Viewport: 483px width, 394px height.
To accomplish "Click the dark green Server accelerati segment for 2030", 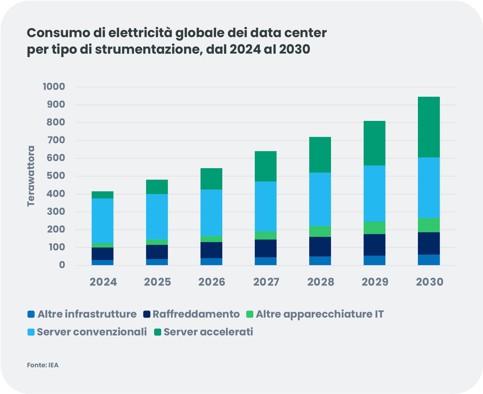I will pyautogui.click(x=429, y=127).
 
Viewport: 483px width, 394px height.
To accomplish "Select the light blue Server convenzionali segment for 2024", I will pyautogui.click(x=103, y=221).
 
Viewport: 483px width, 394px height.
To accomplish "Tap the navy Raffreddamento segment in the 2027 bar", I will pyautogui.click(x=266, y=248).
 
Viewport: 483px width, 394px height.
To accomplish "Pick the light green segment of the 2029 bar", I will pyautogui.click(x=374, y=228).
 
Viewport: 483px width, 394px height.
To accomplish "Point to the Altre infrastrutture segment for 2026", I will pyautogui.click(x=211, y=261).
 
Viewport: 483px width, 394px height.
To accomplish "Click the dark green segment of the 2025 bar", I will pyautogui.click(x=157, y=187).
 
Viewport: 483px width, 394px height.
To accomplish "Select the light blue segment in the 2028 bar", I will pyautogui.click(x=320, y=199).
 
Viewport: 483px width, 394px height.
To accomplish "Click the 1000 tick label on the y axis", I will pyautogui.click(x=54, y=87).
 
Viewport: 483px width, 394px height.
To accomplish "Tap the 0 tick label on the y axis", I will pyautogui.click(x=62, y=265).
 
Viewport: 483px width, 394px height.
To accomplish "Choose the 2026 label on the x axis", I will pyautogui.click(x=212, y=282).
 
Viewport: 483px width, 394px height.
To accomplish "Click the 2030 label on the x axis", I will pyautogui.click(x=430, y=282).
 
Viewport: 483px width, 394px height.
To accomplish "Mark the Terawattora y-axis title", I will pyautogui.click(x=31, y=176).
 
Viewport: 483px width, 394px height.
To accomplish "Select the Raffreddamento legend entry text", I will pyautogui.click(x=196, y=314).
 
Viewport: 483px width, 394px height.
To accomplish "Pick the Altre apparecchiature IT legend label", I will pyautogui.click(x=319, y=314).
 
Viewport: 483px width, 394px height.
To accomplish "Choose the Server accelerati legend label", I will pyautogui.click(x=208, y=332).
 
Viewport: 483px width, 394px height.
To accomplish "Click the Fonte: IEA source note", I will pyautogui.click(x=43, y=365).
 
